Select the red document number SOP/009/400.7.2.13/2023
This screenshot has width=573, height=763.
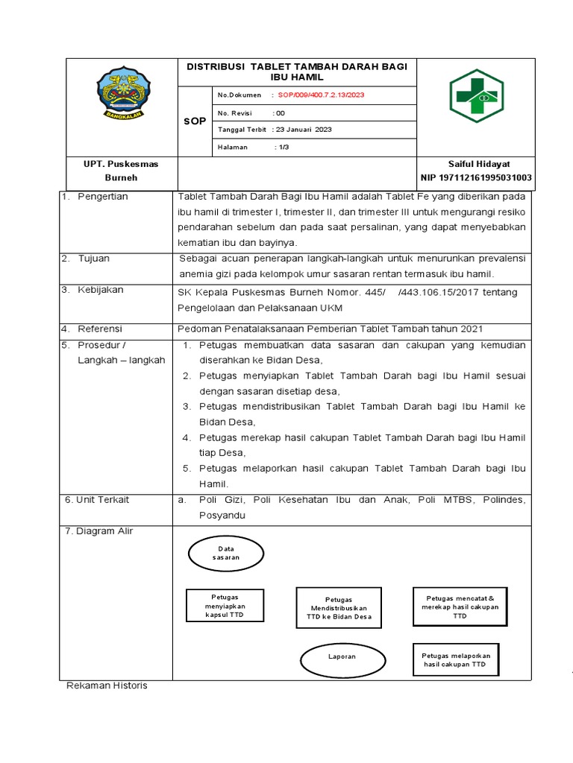pos(321,95)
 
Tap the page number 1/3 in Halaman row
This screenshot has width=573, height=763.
pos(284,147)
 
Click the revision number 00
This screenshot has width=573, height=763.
pos(280,113)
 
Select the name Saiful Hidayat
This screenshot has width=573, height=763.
pos(478,163)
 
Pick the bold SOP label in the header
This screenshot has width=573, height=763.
pos(195,121)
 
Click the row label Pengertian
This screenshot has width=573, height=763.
pos(103,197)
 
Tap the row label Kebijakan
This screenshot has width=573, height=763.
pos(101,289)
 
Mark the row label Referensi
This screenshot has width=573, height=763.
pos(100,329)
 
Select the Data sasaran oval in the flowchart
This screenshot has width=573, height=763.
pos(224,553)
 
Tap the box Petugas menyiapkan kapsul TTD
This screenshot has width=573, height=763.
pos(225,607)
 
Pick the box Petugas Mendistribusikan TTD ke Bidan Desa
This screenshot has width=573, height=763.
pos(339,608)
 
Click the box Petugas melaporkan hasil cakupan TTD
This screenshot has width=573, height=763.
pos(455,659)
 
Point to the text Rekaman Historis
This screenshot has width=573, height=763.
pos(107,686)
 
